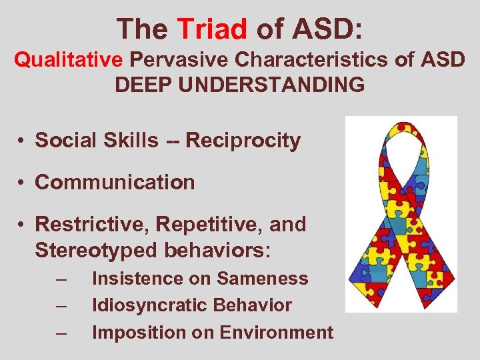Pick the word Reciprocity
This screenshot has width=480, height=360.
[243, 141]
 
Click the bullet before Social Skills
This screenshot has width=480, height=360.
[22, 141]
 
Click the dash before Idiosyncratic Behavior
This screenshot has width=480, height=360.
[62, 305]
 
